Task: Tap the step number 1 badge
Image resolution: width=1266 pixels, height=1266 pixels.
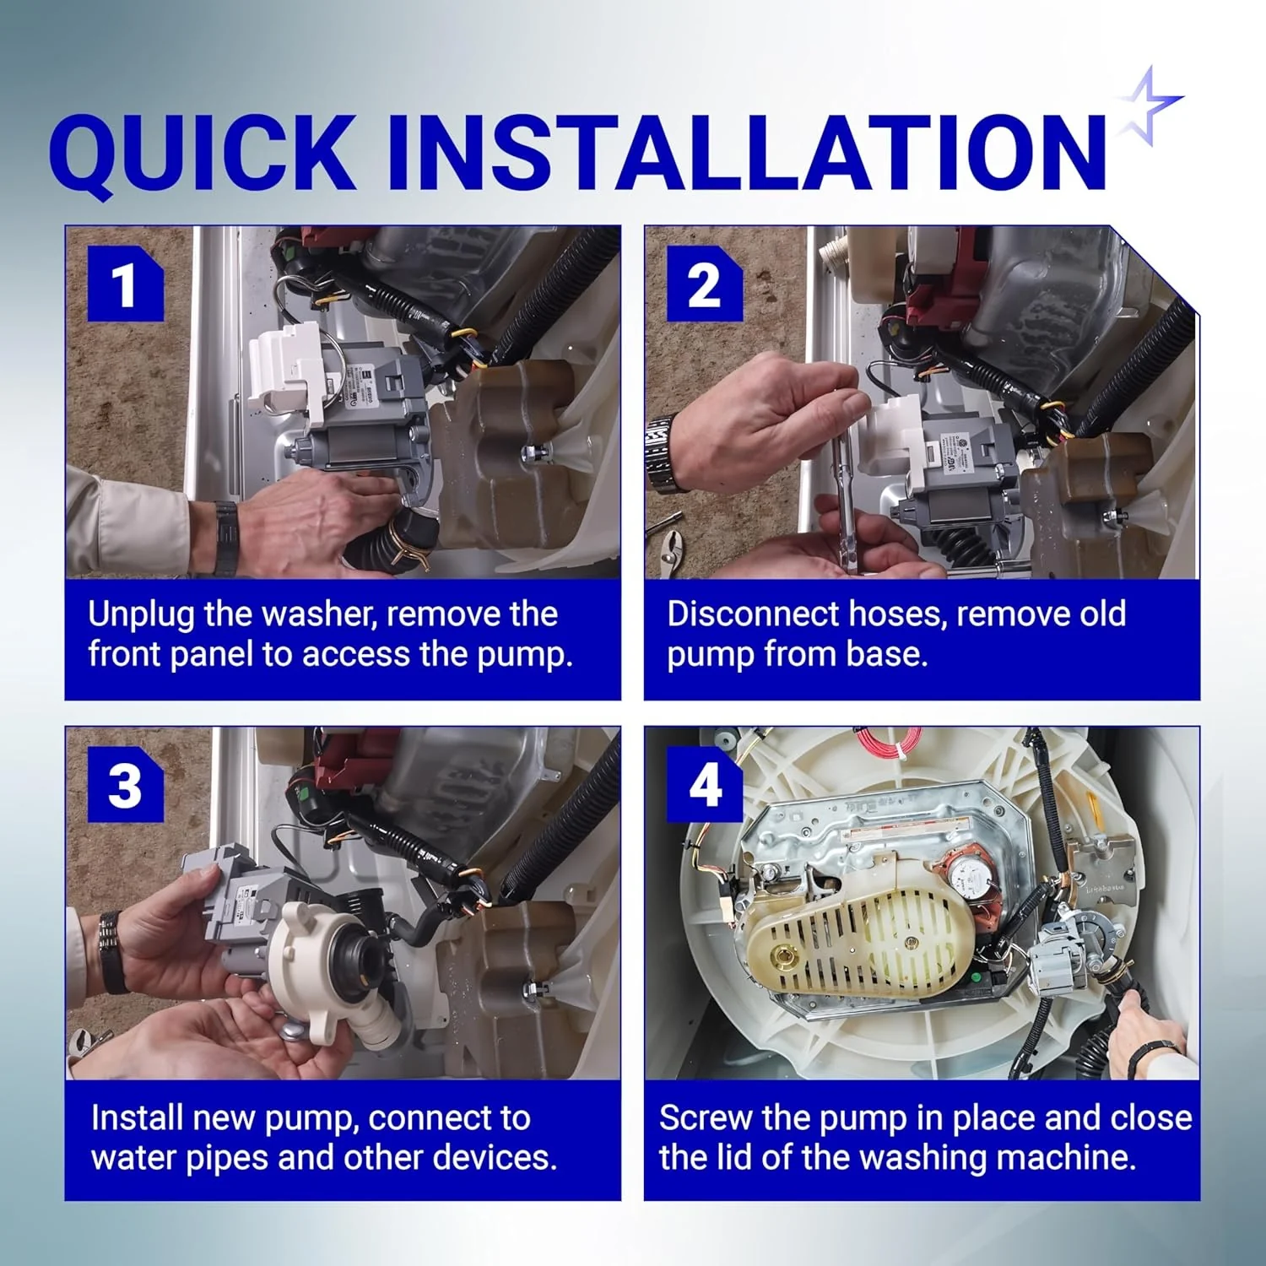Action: [125, 284]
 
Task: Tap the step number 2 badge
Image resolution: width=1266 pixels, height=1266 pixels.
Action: [704, 284]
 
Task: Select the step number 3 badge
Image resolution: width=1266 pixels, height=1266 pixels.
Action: [125, 785]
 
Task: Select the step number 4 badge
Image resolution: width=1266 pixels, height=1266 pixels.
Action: [704, 785]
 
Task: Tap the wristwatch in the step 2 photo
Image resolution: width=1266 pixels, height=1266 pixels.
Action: [659, 453]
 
